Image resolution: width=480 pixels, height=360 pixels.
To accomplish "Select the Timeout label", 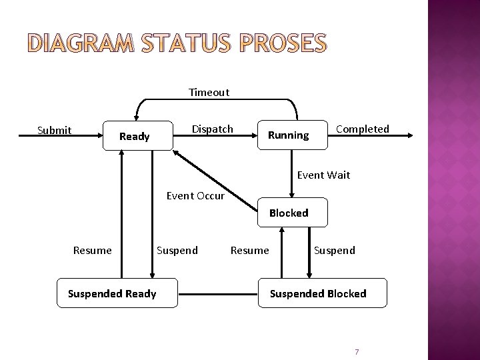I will click(209, 93).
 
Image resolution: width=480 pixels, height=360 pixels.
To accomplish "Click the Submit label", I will click(54, 130).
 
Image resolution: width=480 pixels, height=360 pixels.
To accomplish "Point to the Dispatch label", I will click(212, 128).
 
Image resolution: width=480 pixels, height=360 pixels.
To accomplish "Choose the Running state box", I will click(288, 135).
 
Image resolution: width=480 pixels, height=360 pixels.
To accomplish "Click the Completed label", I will click(362, 129).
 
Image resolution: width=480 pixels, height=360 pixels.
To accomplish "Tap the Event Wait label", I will click(323, 175).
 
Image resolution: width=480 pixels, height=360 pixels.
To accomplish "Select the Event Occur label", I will click(195, 196).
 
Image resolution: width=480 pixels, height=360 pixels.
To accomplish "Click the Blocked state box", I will click(288, 213).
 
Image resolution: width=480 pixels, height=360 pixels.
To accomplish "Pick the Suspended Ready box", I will click(112, 293).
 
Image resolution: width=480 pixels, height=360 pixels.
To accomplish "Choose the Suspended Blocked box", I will click(317, 293).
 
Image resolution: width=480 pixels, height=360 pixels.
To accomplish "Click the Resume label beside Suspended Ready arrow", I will click(92, 251).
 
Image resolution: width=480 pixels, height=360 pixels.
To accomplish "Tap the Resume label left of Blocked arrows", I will click(249, 251).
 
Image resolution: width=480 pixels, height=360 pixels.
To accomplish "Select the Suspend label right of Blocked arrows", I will click(334, 251).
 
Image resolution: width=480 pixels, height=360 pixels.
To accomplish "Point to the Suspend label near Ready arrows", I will click(177, 251).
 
